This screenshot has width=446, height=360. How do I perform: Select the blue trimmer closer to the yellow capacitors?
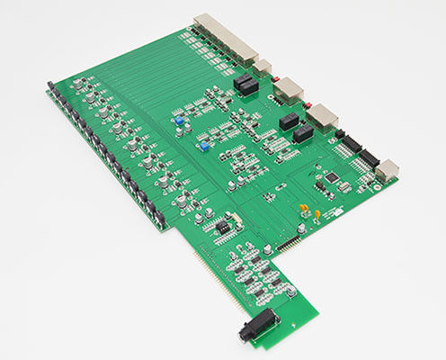[x=206, y=145]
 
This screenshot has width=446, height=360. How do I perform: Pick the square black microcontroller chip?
[x=334, y=175]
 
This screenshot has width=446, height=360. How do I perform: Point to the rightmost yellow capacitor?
[x=317, y=213]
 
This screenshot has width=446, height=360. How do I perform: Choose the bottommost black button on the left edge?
[x=159, y=219]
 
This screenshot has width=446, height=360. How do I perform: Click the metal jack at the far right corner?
[x=387, y=169]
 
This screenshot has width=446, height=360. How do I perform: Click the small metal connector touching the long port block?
[x=263, y=68]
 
